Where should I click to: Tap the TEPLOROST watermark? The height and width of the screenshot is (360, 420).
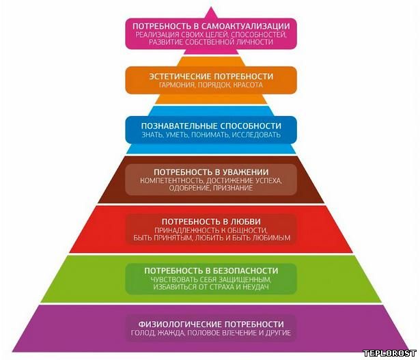tap(389, 353)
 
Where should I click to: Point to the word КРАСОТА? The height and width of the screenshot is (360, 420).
tap(248, 85)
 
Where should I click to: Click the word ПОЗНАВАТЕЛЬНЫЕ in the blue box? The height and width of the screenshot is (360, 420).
tap(179, 126)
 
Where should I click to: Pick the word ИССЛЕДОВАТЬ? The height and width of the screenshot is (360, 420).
tap(256, 135)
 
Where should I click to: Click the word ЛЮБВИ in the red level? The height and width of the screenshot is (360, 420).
tap(246, 221)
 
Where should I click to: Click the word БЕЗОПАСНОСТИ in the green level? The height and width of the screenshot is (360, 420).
tap(245, 271)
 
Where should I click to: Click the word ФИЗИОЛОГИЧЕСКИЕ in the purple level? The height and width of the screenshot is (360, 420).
tap(180, 324)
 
